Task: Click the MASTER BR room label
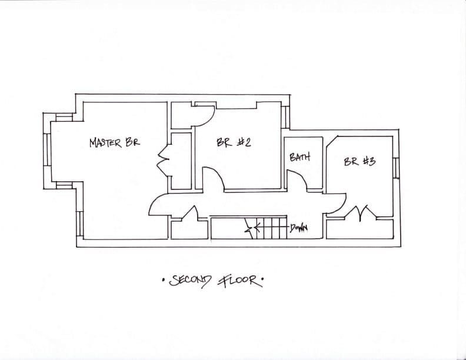(x=115, y=142)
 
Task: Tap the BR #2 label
(x=234, y=142)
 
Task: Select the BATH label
(x=300, y=156)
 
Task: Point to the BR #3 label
(x=360, y=161)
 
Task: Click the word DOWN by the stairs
(x=299, y=228)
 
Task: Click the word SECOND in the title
(x=190, y=281)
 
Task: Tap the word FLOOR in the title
(x=239, y=281)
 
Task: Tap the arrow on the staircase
(x=252, y=229)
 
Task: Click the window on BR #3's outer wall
(x=396, y=168)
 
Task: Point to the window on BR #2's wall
(x=285, y=117)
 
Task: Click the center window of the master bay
(x=47, y=149)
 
